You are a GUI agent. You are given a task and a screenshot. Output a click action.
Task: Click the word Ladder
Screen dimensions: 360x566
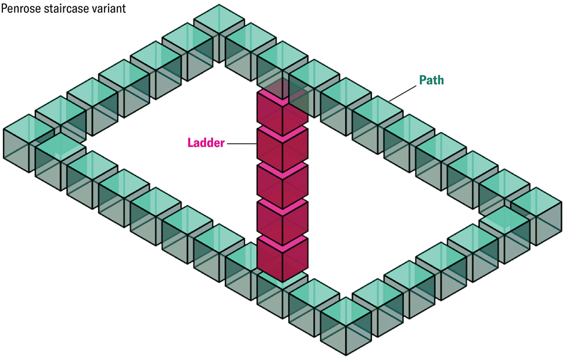[x=205, y=142]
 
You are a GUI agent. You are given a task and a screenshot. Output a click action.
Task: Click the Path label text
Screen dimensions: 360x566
[x=431, y=80]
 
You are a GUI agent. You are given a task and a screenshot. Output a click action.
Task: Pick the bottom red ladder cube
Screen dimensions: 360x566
[x=282, y=258]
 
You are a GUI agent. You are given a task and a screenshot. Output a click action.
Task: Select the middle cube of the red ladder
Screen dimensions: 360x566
[x=282, y=186]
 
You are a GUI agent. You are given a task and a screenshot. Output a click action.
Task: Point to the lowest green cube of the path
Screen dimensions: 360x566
[x=345, y=325]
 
